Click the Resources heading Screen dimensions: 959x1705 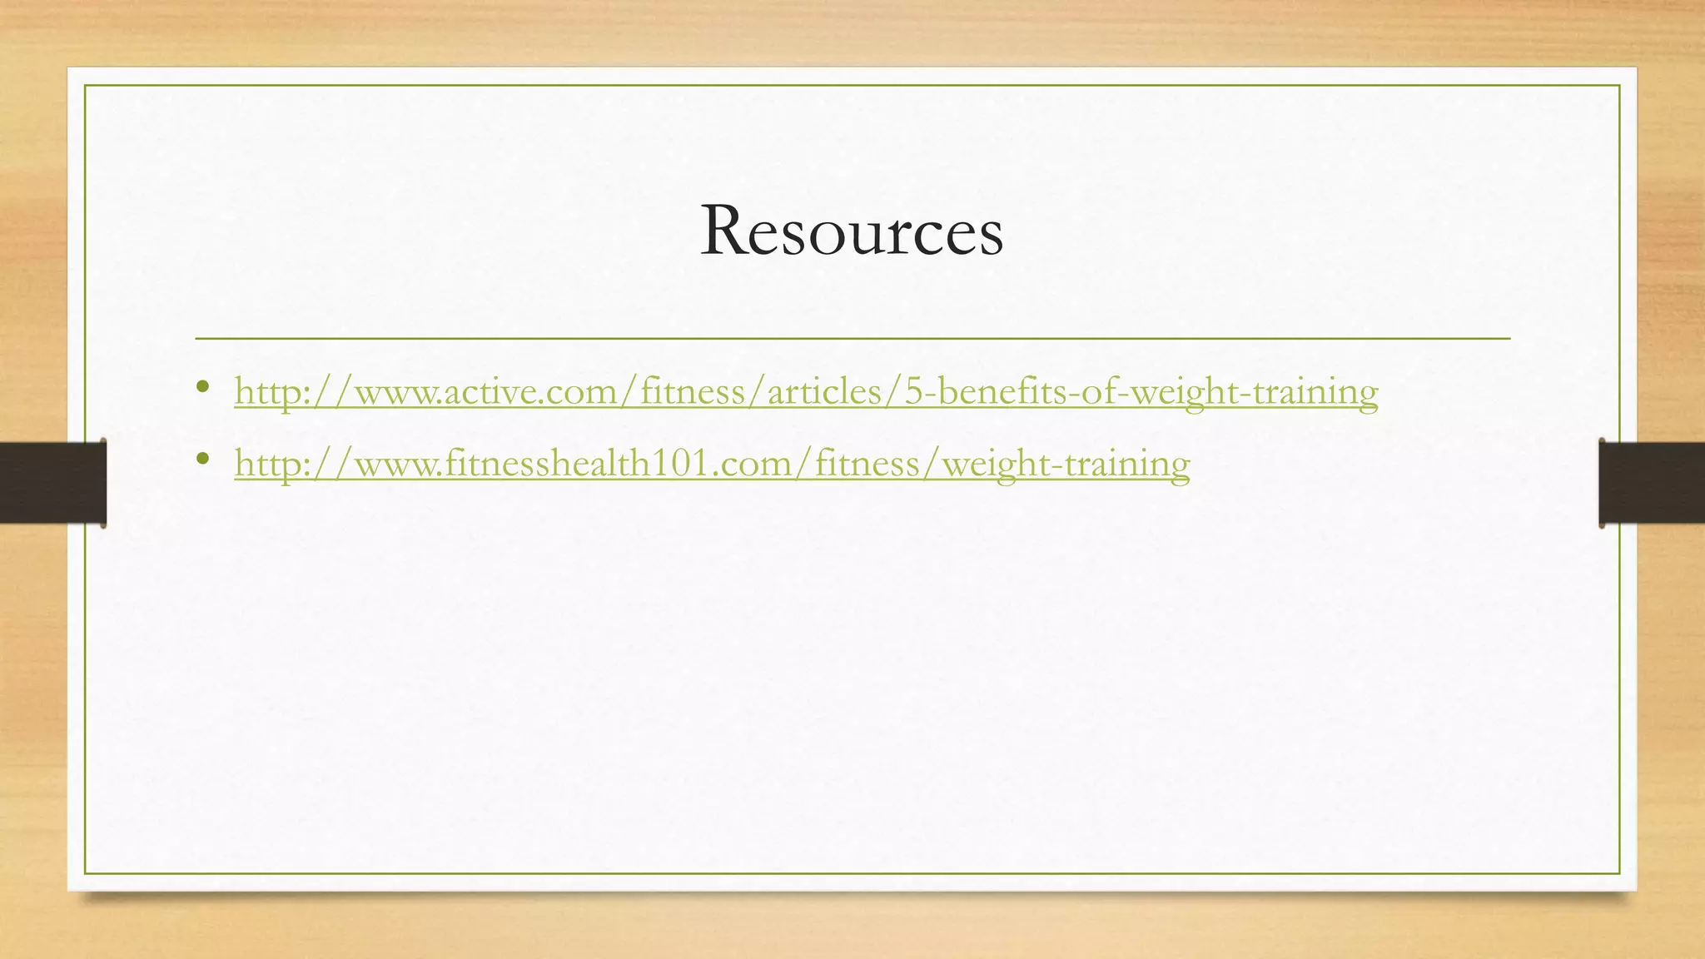click(852, 231)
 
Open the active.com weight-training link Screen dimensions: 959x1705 click(806, 391)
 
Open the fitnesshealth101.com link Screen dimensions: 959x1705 click(712, 463)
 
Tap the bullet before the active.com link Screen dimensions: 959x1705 click(202, 387)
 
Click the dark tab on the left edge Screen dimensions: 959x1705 click(52, 483)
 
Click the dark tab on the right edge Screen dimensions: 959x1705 click(1652, 483)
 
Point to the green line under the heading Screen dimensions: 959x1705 click(852, 338)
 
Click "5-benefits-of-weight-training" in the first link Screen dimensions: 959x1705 click(1141, 391)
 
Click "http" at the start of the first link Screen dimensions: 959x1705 click(265, 391)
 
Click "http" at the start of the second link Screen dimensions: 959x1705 click(265, 463)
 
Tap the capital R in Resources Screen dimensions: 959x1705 click(724, 231)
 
